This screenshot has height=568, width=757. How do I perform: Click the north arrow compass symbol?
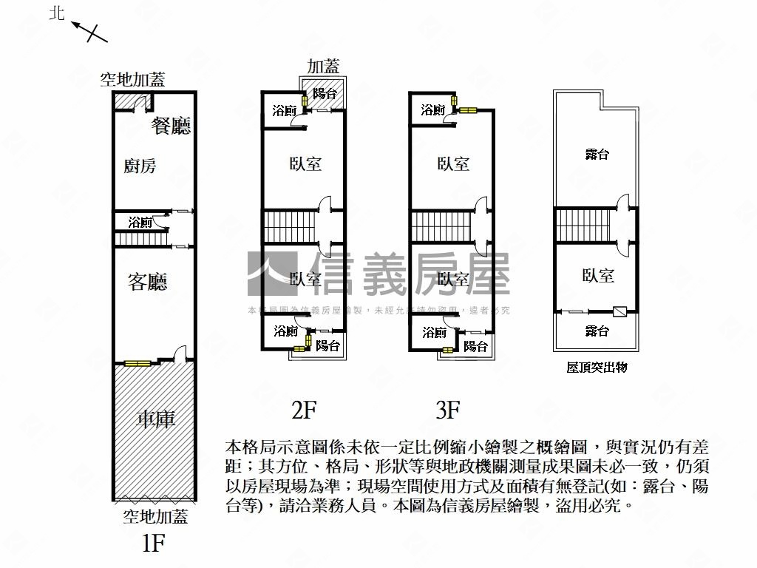click(89, 31)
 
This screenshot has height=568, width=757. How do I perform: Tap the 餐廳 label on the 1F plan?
click(172, 125)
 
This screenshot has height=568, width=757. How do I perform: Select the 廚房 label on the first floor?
click(140, 166)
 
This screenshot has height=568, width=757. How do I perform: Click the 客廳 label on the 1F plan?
click(148, 282)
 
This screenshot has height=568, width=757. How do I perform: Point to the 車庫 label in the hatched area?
click(156, 419)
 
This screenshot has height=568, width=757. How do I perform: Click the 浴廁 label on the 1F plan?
click(140, 222)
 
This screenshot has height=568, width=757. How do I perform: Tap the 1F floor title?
click(153, 544)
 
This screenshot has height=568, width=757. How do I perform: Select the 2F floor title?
click(305, 409)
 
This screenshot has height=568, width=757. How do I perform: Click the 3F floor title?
click(449, 409)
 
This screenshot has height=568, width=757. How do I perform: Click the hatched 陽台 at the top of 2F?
click(325, 93)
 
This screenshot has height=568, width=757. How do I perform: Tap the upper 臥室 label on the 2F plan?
click(305, 163)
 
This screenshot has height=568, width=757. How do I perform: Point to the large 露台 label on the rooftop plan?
click(597, 155)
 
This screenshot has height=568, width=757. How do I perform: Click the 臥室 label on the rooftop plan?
click(598, 276)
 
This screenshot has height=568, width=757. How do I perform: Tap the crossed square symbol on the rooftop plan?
click(619, 312)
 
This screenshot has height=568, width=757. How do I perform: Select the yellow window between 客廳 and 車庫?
click(137, 363)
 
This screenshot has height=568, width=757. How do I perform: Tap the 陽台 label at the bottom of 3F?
click(475, 345)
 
